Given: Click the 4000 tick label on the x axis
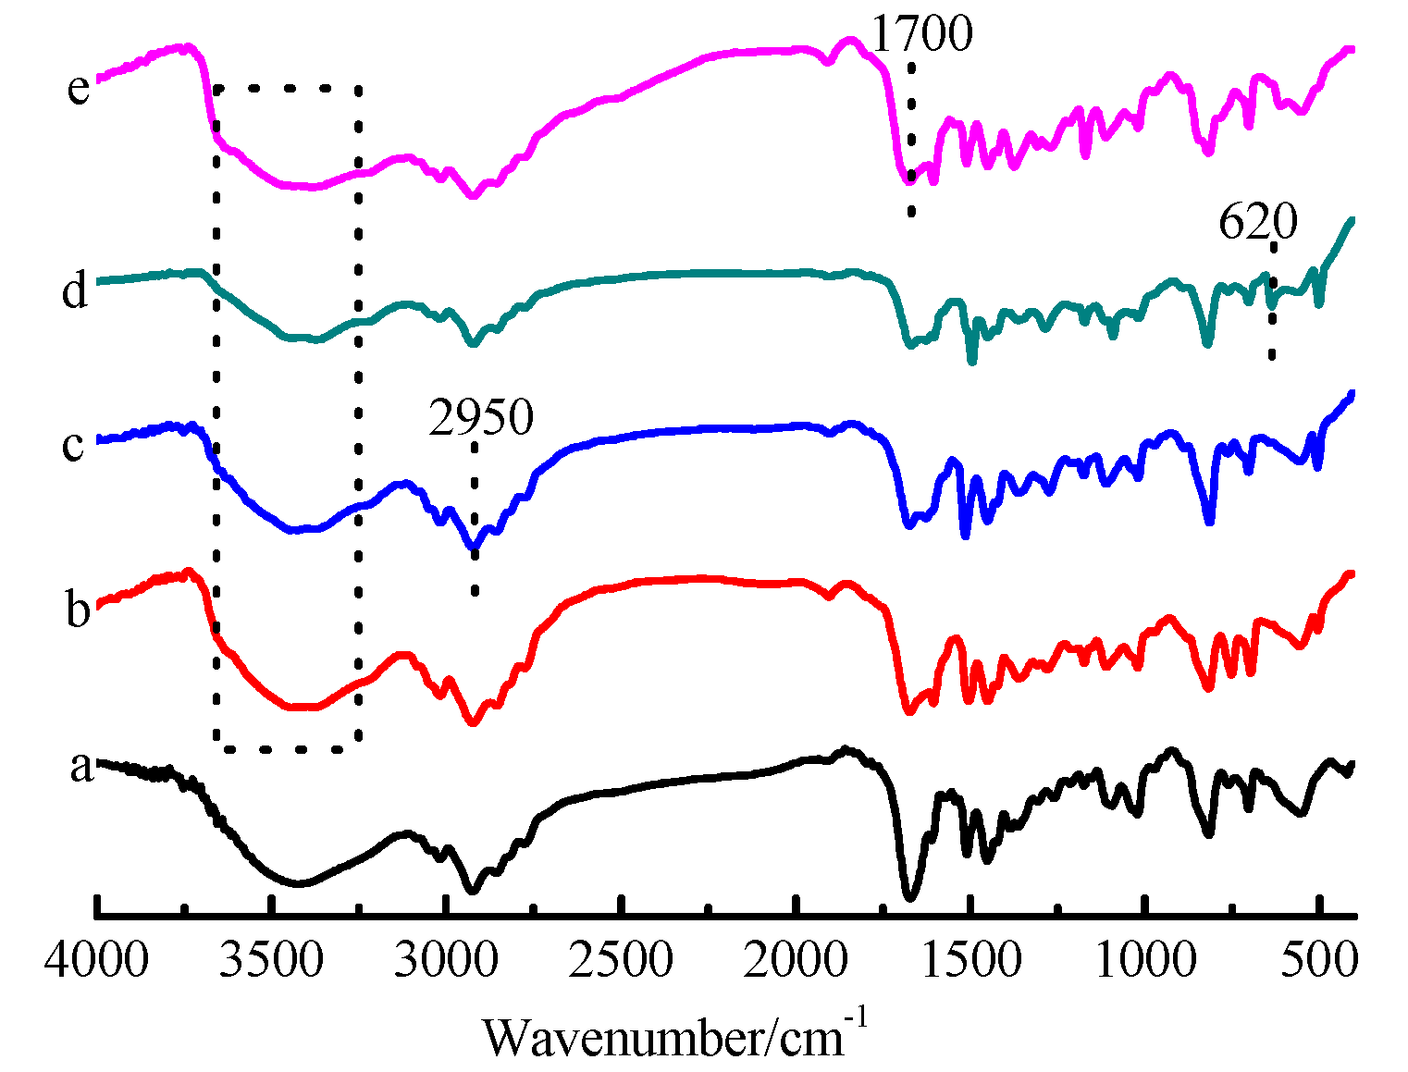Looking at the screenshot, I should [96, 962].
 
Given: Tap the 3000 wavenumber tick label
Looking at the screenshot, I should [446, 962].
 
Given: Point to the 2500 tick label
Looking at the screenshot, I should [621, 962].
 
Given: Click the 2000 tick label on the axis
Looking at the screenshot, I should [796, 962].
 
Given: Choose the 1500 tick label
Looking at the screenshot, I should [970, 962].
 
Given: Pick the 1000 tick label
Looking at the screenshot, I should [1145, 962].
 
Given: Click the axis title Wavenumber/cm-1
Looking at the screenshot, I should [675, 1035].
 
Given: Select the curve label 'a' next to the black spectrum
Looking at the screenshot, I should [82, 767].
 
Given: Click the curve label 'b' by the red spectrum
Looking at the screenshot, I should [79, 610].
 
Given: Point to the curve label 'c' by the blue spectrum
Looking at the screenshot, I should [73, 445].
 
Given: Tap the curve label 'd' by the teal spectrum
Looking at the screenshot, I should [75, 290].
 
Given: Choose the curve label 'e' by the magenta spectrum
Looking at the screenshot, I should [79, 89].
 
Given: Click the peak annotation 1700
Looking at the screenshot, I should [922, 35].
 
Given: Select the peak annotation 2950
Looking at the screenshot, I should [481, 418].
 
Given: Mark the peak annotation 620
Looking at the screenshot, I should [1258, 223].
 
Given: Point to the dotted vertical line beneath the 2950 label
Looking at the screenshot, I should [475, 518].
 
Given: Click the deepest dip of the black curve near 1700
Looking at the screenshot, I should [909, 896].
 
